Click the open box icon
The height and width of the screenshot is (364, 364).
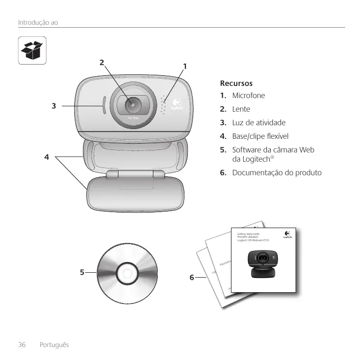pyautogui.click(x=33, y=50)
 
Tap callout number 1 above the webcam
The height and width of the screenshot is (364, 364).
pyautogui.click(x=185, y=66)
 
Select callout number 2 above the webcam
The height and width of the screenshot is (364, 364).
pyautogui.click(x=101, y=62)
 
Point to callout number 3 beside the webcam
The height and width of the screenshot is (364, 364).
pyautogui.click(x=54, y=105)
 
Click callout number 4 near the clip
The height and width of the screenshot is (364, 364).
pyautogui.click(x=47, y=157)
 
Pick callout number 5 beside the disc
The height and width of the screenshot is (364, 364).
pyautogui.click(x=83, y=273)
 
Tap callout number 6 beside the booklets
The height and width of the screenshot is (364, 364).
pyautogui.click(x=192, y=278)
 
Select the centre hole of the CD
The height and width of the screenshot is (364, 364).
pyautogui.click(x=126, y=273)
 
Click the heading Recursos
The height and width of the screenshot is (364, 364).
pyautogui.click(x=236, y=83)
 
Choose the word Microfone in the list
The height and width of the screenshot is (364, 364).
pyautogui.click(x=248, y=95)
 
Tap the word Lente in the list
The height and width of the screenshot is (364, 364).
pyautogui.click(x=241, y=109)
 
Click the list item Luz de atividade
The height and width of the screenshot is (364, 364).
pyautogui.click(x=259, y=123)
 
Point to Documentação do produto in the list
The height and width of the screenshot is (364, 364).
pyautogui.click(x=277, y=173)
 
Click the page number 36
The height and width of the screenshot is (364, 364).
pyautogui.click(x=22, y=345)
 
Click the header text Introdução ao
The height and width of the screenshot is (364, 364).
pyautogui.click(x=38, y=22)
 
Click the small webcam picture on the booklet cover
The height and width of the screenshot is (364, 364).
pyautogui.click(x=263, y=263)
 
